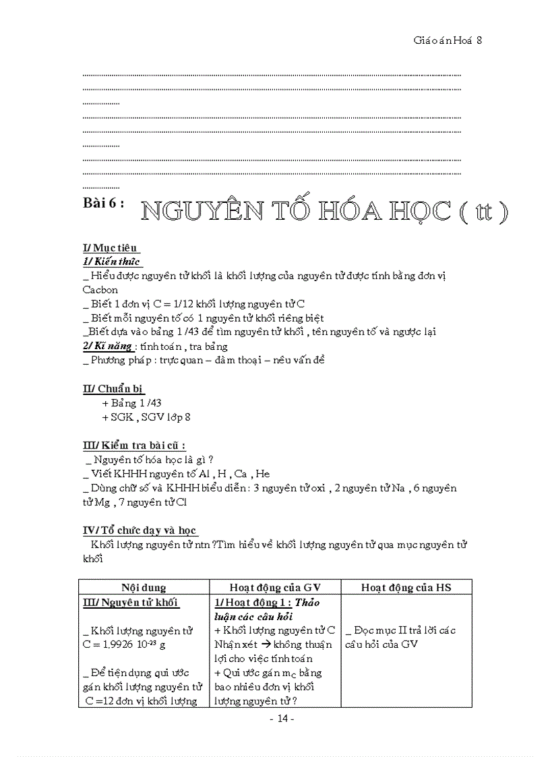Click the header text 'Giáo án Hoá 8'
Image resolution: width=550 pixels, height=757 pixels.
(x=447, y=40)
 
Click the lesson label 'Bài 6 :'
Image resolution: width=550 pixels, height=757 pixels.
(x=103, y=204)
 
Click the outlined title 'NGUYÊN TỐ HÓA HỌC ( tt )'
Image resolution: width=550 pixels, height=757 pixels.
(x=324, y=212)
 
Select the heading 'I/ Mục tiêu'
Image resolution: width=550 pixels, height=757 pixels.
(x=111, y=248)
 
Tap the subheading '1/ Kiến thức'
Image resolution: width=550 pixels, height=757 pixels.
(x=111, y=261)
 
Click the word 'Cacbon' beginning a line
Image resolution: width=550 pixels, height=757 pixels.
(x=100, y=289)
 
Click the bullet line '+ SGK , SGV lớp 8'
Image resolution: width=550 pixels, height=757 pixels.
(x=146, y=417)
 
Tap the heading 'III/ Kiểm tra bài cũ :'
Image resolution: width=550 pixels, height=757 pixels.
(x=134, y=446)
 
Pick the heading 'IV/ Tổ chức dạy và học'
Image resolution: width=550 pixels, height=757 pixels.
(x=140, y=531)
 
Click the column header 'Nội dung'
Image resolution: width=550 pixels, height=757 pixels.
(x=144, y=587)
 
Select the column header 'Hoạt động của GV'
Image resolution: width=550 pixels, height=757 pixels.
(x=275, y=587)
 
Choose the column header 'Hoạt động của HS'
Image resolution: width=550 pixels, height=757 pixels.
(x=406, y=587)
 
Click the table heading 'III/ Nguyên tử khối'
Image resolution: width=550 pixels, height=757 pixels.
(x=131, y=603)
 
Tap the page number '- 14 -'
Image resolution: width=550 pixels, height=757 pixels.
(x=281, y=719)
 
